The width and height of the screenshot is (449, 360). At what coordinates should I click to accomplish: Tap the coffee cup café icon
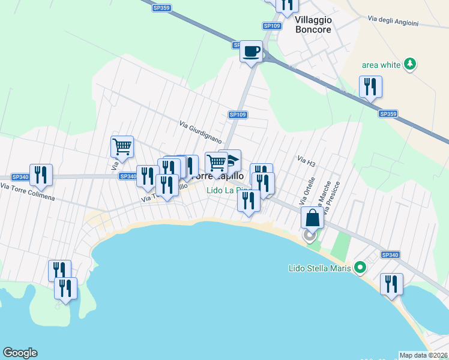252,52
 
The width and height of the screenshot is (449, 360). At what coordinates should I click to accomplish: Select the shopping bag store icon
312,217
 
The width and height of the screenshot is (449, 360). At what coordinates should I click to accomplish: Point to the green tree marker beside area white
410,64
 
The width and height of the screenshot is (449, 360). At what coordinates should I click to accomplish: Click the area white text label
381,65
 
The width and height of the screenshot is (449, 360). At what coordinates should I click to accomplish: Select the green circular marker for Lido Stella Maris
360,267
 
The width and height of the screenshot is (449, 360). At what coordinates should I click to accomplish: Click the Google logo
20,353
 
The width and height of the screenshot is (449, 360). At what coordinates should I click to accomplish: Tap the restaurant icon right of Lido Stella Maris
391,284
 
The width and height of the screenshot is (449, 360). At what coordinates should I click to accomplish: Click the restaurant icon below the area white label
370,86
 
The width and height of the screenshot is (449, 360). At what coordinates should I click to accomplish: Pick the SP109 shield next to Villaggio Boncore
272,26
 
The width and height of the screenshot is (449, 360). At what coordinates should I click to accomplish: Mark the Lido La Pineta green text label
228,191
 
